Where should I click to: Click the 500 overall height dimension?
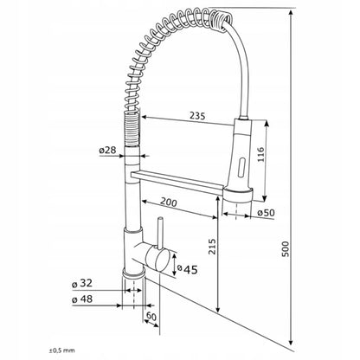(x=285, y=249)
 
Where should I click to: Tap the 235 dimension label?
(x=197, y=116)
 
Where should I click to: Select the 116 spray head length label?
(x=260, y=154)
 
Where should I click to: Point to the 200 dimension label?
(x=169, y=202)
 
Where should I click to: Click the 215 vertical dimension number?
(x=212, y=247)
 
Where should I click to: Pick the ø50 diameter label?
(x=266, y=213)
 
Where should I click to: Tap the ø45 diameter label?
(x=187, y=269)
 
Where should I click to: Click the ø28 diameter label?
(x=107, y=150)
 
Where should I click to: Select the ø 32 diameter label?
(x=82, y=283)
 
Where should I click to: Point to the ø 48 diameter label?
(x=82, y=299)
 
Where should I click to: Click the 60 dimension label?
(x=151, y=317)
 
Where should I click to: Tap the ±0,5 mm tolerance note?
(x=61, y=350)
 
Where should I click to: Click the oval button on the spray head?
(x=241, y=166)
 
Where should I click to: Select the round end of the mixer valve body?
(x=158, y=259)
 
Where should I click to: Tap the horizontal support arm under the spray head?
(x=177, y=182)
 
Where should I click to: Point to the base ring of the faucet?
(x=133, y=273)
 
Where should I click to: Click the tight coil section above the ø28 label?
(x=132, y=129)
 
